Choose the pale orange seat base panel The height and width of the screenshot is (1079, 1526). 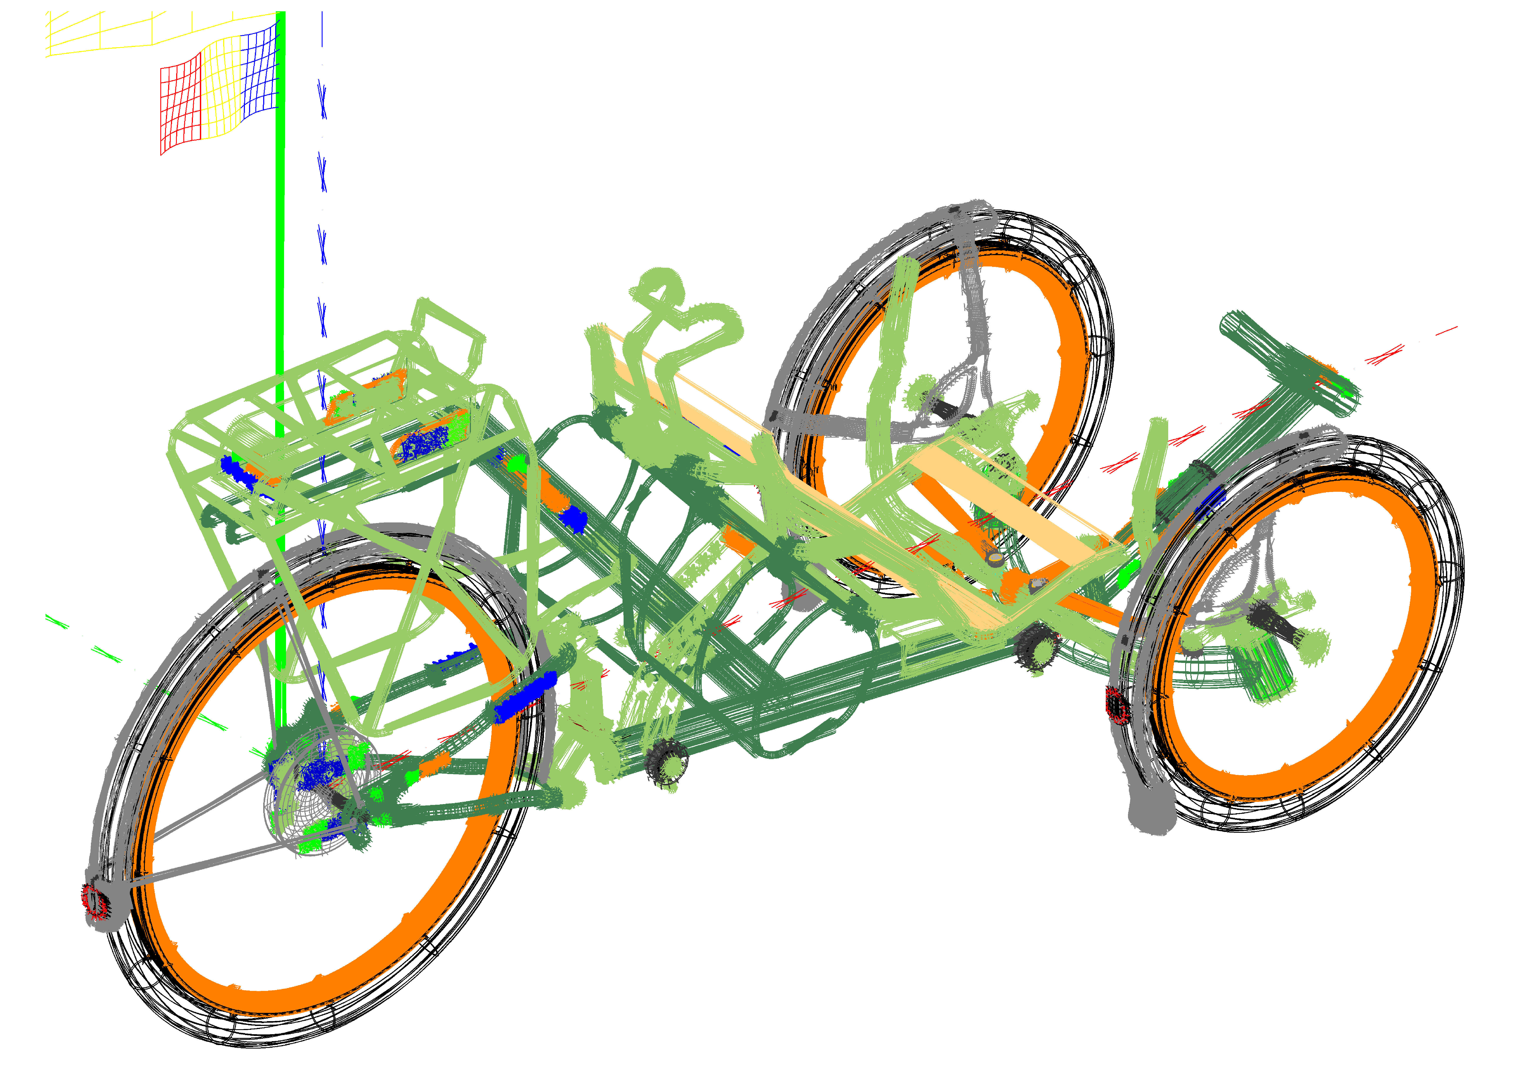(x=1010, y=505)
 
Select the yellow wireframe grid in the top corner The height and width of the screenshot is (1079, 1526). (x=100, y=33)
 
